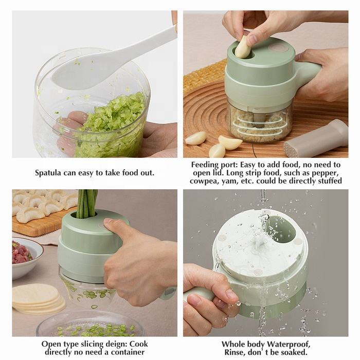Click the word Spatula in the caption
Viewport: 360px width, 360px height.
pyautogui.click(x=49, y=173)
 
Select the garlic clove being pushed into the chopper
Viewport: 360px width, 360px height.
pyautogui.click(x=243, y=47)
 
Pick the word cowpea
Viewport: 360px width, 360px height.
pyautogui.click(x=204, y=181)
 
